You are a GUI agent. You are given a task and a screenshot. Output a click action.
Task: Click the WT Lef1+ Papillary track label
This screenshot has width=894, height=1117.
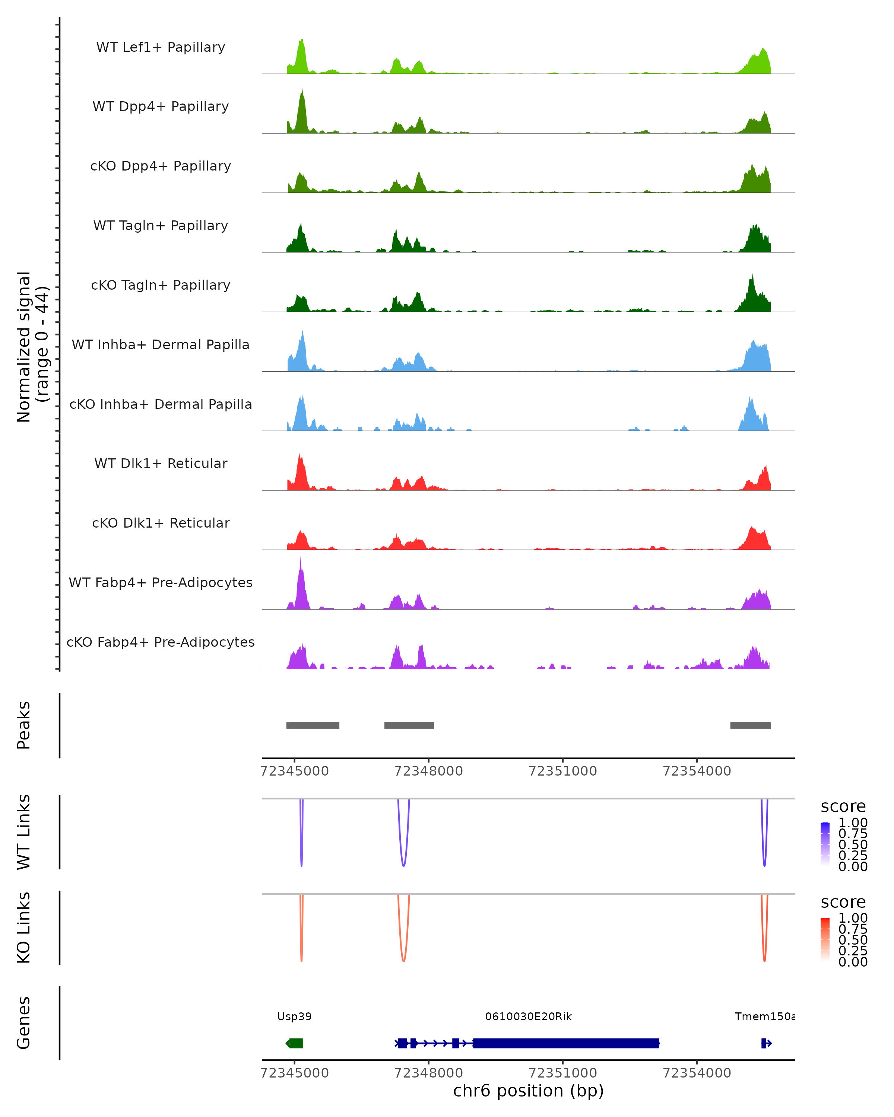(161, 47)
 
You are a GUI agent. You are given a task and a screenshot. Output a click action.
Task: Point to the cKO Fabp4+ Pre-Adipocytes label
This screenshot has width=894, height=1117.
(161, 642)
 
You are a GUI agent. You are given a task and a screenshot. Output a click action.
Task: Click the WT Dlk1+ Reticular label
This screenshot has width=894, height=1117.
(161, 463)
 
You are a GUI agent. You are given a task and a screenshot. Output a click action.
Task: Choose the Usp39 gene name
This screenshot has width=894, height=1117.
(294, 1016)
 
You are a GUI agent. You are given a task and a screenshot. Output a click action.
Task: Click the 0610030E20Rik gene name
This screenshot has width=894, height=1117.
(528, 1016)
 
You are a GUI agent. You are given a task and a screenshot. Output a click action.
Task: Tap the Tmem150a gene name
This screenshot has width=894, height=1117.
(764, 1016)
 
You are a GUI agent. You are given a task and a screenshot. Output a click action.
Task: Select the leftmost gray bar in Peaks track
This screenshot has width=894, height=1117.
(313, 725)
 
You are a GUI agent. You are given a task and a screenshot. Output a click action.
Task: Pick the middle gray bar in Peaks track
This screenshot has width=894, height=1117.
(409, 725)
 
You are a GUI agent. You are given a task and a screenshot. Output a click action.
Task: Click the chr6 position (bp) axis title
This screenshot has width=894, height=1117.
(528, 1091)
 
